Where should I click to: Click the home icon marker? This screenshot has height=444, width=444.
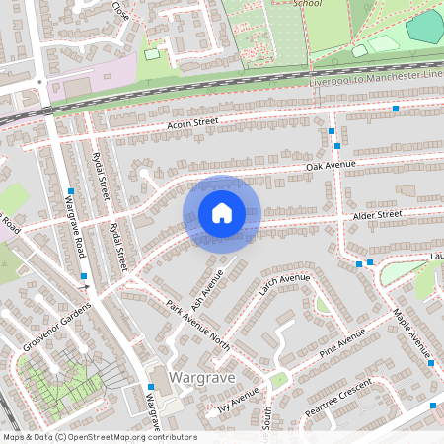tap(221, 213)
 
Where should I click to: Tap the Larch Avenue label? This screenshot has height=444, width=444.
tap(283, 287)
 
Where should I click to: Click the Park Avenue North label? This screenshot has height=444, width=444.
tap(197, 322)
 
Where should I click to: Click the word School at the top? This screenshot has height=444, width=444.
tap(308, 3)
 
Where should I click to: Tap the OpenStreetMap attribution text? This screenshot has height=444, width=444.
tap(99, 437)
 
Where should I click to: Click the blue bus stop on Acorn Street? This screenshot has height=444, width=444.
tap(396, 108)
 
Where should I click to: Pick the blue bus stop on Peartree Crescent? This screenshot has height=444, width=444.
tap(433, 406)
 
